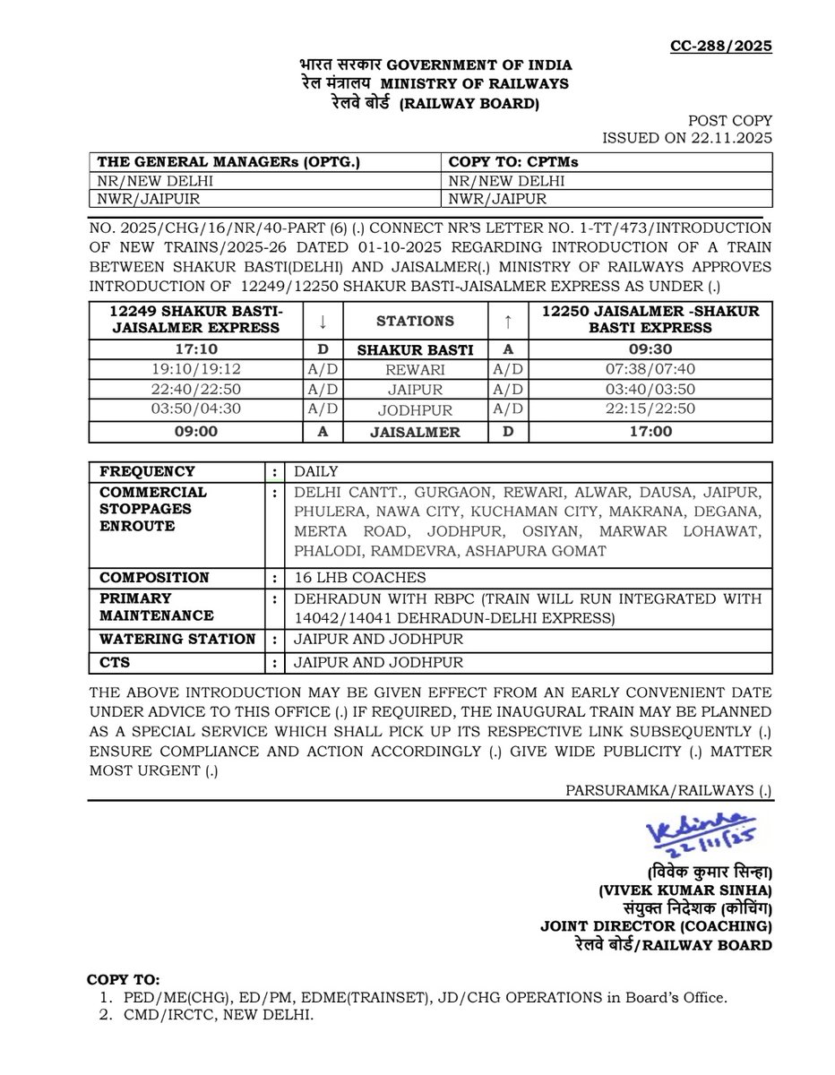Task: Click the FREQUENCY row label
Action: point(147,471)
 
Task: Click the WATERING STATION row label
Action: point(177,639)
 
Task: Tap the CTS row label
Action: point(114,664)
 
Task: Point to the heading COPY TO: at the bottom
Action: point(124,979)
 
